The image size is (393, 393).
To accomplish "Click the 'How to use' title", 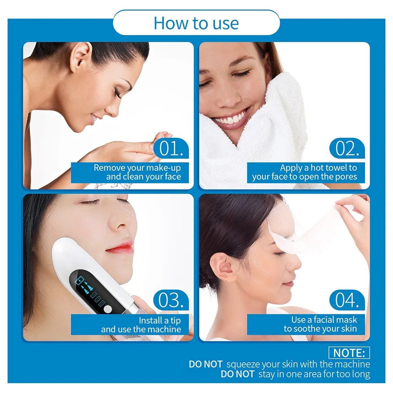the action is pos(196,23).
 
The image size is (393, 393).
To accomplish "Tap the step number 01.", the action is pos(171,148).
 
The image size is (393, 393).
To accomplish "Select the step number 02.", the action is pos(347,148).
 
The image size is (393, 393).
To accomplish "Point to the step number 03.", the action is pos(171,300).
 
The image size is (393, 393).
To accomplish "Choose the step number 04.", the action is pos(347,300).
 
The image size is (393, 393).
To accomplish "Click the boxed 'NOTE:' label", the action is pos(349,353).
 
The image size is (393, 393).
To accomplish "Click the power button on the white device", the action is pos(108,309).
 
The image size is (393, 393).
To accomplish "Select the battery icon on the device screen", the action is pos(80,280).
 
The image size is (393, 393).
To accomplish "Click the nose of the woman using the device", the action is pos(119,220).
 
